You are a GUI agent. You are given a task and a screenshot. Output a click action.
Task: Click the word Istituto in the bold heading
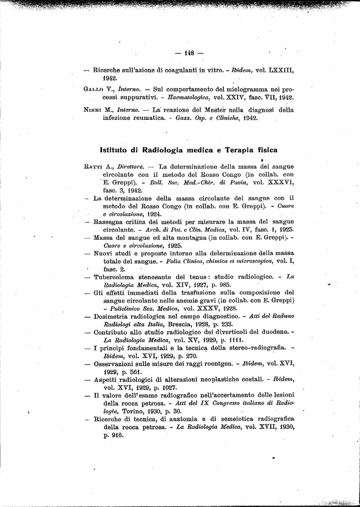[115, 150]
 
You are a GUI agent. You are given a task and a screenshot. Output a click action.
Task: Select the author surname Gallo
[94, 89]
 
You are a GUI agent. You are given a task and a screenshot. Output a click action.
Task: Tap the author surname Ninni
[93, 110]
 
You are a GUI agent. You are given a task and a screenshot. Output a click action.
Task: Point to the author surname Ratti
[94, 167]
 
